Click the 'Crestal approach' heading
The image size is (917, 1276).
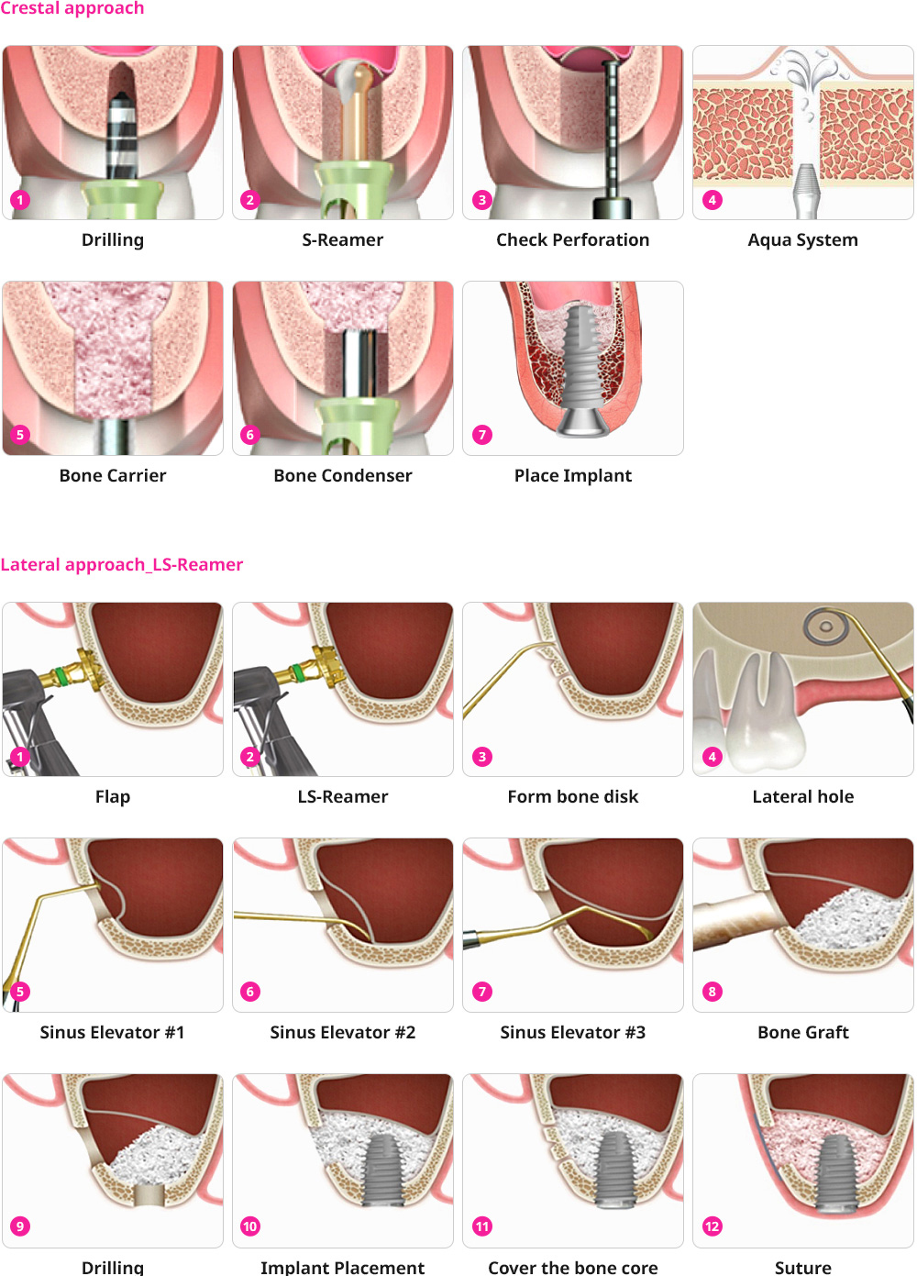[x=72, y=8]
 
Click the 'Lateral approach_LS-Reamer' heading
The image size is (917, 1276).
[x=122, y=564]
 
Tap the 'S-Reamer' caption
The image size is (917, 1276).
[x=343, y=240]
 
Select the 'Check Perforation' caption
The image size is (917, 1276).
[x=572, y=240]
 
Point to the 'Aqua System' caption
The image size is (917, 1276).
[x=802, y=240]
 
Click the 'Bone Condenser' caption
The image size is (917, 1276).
[x=343, y=475]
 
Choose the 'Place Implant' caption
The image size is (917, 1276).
[x=572, y=475]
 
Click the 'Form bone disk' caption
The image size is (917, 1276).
[x=572, y=796]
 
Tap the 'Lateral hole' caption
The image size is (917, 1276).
[x=802, y=796]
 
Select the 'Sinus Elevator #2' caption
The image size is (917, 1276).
[x=343, y=1032]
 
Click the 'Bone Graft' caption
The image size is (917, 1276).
[x=802, y=1032]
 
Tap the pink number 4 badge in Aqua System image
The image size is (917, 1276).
[x=713, y=200]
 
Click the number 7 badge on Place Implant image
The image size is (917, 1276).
[x=482, y=435]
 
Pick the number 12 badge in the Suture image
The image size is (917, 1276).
[x=713, y=1226]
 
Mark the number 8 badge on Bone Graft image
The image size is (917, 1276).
[x=713, y=992]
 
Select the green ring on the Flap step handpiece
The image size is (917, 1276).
[x=62, y=677]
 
